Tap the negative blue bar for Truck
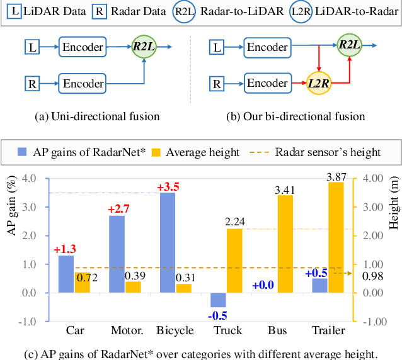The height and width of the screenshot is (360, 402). click(x=218, y=300)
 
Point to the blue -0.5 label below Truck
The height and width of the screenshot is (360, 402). click(x=217, y=315)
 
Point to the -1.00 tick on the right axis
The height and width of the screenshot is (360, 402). click(x=370, y=322)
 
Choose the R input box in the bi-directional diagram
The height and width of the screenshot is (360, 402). click(x=216, y=83)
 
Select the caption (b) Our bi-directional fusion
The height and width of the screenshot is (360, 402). click(x=294, y=116)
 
